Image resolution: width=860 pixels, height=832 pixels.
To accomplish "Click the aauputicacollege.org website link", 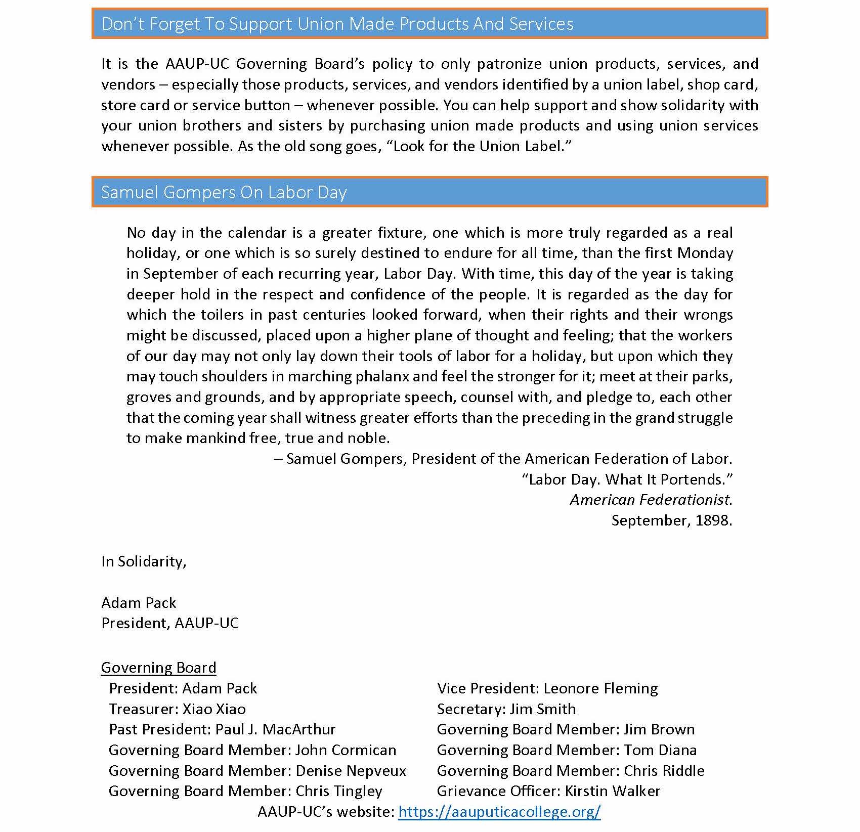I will tap(499, 812).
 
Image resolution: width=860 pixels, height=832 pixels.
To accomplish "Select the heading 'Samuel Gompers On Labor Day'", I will tap(224, 192).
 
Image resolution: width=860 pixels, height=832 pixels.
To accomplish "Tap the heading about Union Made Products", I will tap(337, 24).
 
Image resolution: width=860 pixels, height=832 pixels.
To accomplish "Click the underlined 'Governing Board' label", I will tap(158, 668).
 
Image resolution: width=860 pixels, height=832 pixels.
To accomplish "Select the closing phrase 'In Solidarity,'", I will tap(144, 561).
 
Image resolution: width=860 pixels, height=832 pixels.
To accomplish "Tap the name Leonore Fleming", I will tap(600, 688).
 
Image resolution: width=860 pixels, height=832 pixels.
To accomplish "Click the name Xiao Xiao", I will tap(214, 709).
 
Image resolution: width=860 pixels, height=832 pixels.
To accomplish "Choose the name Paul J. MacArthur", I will tap(275, 729).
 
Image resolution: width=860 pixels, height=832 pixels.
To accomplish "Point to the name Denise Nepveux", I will tap(351, 771).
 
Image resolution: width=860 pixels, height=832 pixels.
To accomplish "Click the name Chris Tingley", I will tap(339, 791).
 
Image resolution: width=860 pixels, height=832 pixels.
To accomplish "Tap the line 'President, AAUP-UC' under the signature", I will tap(170, 623).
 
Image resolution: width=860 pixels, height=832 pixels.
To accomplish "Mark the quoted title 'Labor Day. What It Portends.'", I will tap(627, 479).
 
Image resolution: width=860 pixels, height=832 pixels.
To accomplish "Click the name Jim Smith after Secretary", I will tap(542, 709).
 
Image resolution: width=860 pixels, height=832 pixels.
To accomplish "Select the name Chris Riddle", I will tap(664, 771).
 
